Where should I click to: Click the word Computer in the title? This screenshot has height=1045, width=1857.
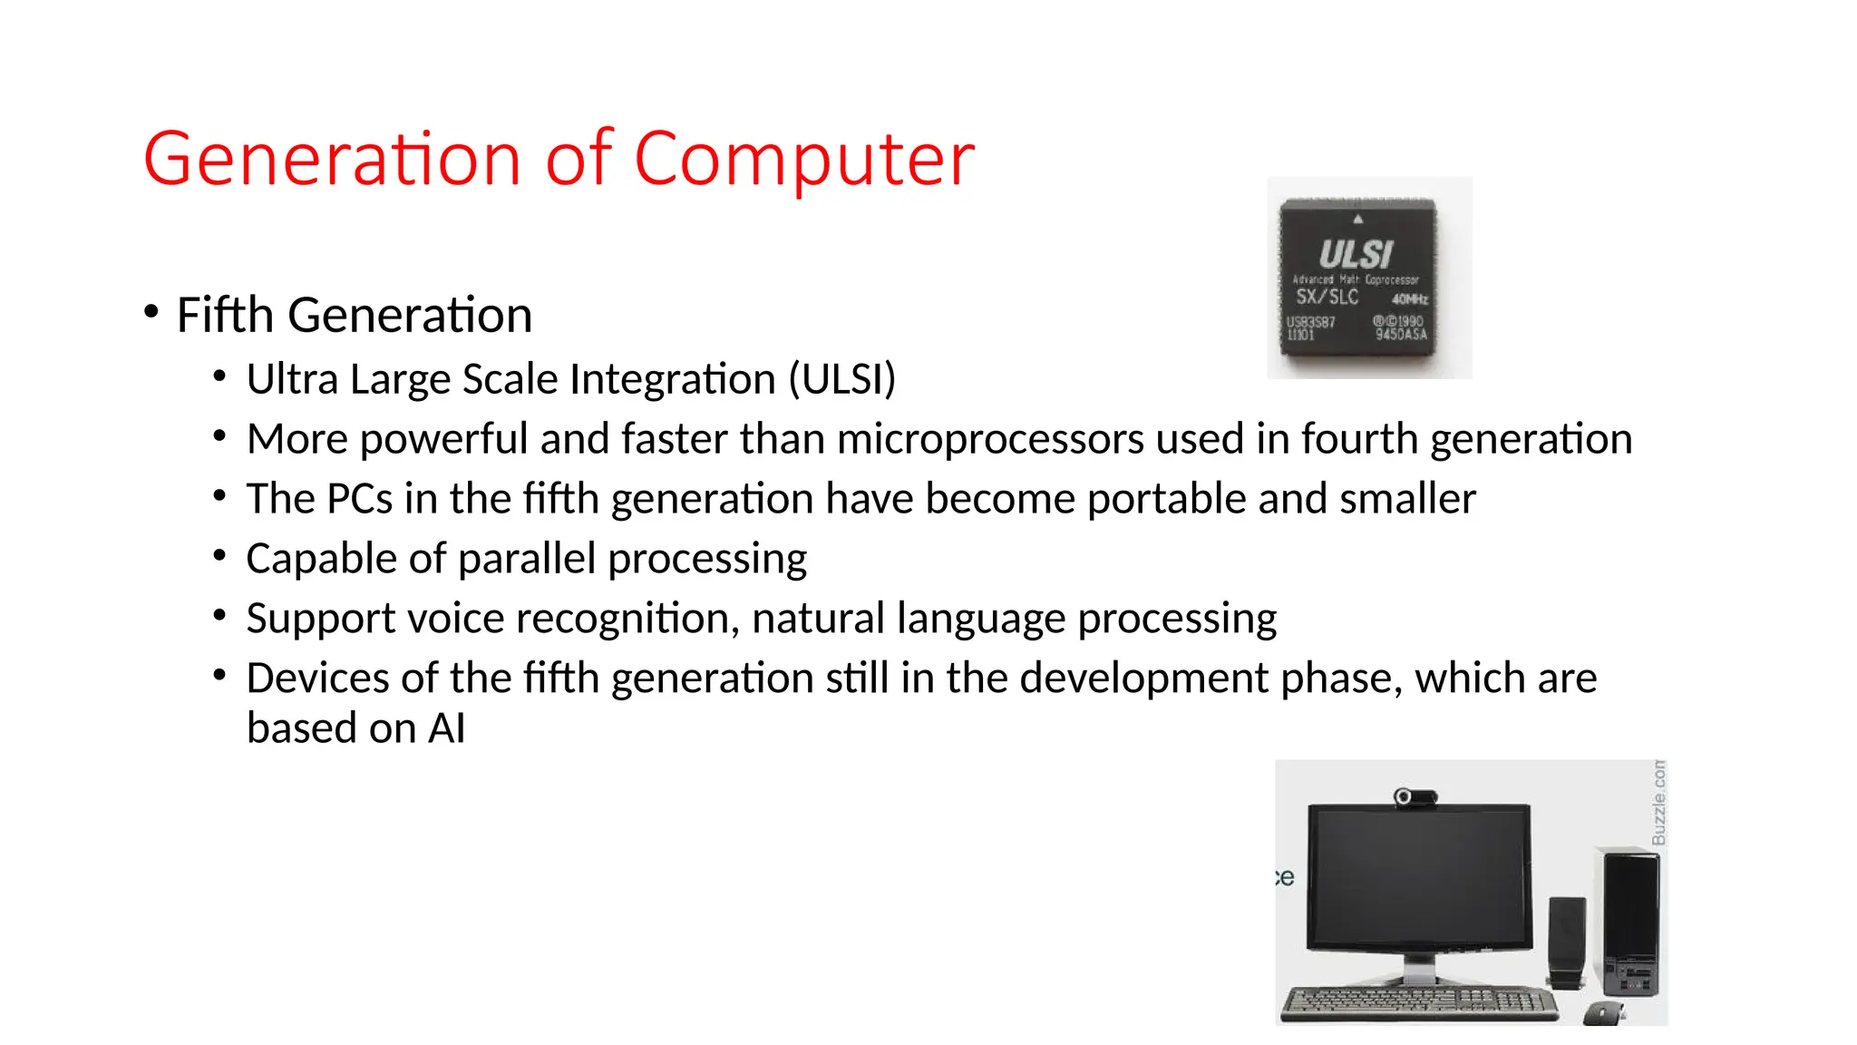[x=803, y=160]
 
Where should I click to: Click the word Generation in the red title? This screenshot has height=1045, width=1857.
[x=332, y=160]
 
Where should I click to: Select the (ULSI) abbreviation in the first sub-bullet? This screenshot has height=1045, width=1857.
[x=841, y=379]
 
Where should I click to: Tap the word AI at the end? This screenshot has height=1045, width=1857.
[x=447, y=728]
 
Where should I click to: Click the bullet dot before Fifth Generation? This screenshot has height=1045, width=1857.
[x=151, y=312]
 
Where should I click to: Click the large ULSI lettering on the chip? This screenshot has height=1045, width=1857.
[x=1356, y=254]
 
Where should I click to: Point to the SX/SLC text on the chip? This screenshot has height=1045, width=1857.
[x=1327, y=297]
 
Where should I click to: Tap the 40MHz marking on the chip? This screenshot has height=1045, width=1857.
[x=1409, y=299]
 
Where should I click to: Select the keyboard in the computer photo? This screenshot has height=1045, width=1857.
[x=1419, y=1001]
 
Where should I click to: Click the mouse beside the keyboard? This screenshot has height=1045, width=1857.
[x=1604, y=1012]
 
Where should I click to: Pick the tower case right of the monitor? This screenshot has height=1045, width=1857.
[x=1630, y=921]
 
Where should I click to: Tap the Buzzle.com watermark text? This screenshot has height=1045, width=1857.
[x=1658, y=803]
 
